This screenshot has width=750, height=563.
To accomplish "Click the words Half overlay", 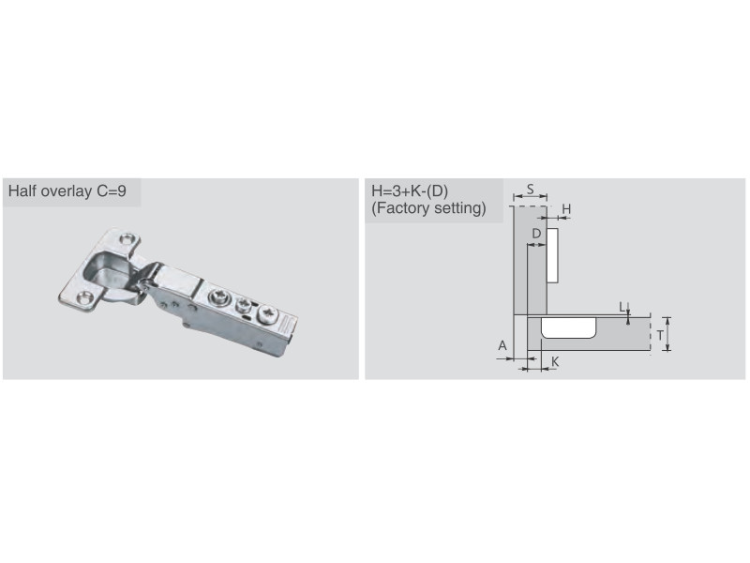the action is click(50, 191).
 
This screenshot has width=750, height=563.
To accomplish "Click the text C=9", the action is click(112, 191).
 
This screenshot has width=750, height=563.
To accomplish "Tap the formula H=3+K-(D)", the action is click(410, 191).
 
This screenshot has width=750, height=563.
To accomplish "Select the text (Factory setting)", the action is click(428, 208).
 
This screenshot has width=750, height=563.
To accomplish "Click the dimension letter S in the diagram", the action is click(530, 190).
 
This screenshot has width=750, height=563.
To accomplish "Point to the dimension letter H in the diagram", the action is click(566, 209).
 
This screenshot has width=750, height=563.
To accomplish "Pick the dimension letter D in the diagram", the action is click(536, 234).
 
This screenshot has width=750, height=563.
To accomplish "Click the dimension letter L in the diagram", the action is click(622, 307).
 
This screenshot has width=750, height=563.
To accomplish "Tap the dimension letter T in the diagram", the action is click(660, 336).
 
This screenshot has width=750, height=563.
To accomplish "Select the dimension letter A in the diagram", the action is click(502, 345).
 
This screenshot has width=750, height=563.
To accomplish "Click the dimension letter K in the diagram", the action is click(555, 361).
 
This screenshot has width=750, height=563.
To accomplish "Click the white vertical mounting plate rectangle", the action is click(552, 255).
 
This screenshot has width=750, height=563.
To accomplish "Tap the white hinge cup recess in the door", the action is click(569, 327).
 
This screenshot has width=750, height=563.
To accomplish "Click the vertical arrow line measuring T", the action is click(667, 334).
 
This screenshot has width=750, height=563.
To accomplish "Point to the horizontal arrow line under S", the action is click(530, 196).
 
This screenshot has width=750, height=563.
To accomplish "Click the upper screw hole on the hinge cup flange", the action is click(127, 238).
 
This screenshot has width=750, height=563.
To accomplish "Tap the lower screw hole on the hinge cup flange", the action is click(85, 297).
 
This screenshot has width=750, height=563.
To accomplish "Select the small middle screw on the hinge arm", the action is click(244, 304).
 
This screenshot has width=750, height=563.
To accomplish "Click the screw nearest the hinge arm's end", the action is click(267, 314).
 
